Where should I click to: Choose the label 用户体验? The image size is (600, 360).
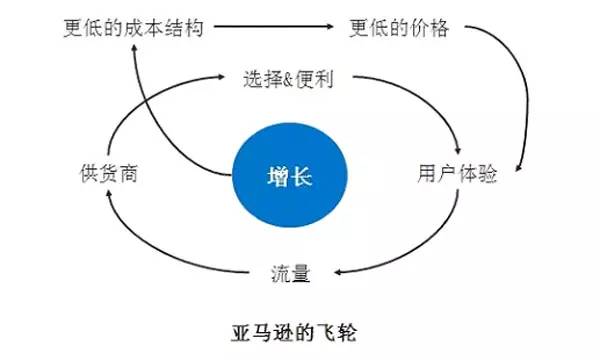(x=456, y=173)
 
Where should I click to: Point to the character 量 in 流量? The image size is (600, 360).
(x=299, y=271)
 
